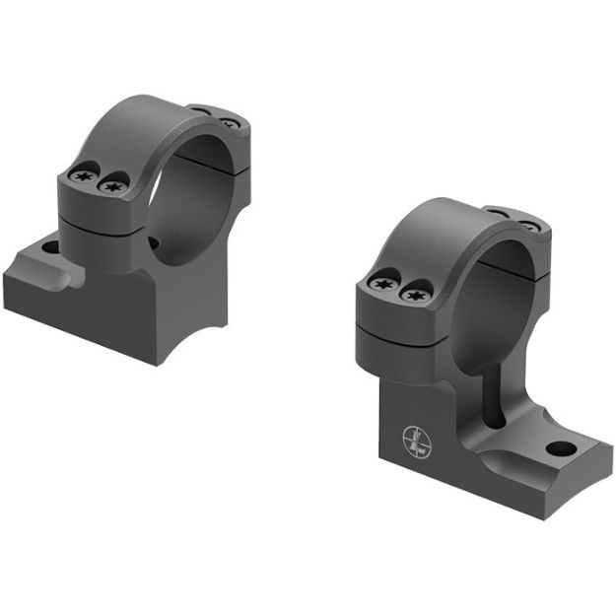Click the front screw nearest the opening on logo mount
[x=416, y=293]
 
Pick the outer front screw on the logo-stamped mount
[x=382, y=284]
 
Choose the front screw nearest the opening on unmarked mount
[x=113, y=185]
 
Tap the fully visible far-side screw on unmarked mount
[x=228, y=123]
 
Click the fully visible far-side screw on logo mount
[x=529, y=227]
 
